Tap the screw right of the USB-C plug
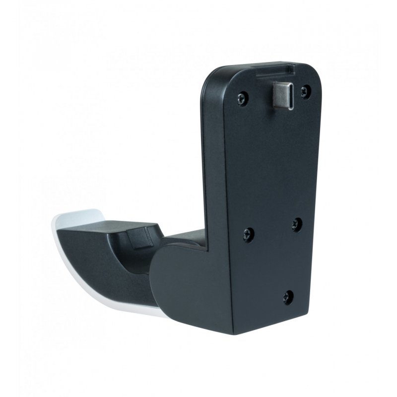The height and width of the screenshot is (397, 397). pos(306,91)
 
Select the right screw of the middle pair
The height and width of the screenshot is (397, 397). pos(297,224)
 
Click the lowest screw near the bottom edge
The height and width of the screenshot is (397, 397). pos(287,297)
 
